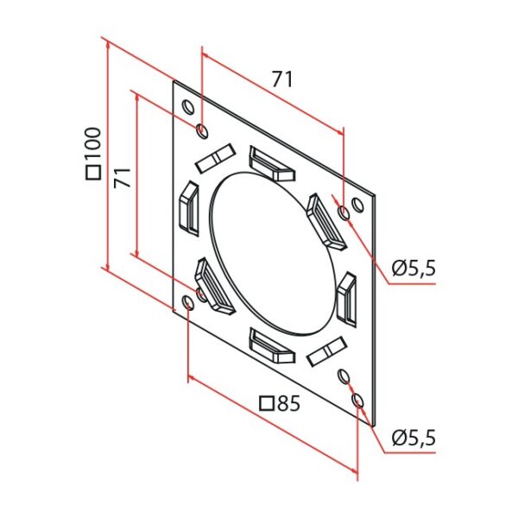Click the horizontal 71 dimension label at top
pos(282,79)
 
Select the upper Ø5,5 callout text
pos(413,268)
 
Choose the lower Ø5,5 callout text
pos(413,438)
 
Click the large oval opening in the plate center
pos(270,255)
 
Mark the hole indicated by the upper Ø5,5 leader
pos(344,212)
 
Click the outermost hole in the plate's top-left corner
pos(187,107)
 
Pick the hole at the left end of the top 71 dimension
pos(202,131)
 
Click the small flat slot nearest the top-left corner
pos(215,157)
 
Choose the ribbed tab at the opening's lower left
pos(212,285)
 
